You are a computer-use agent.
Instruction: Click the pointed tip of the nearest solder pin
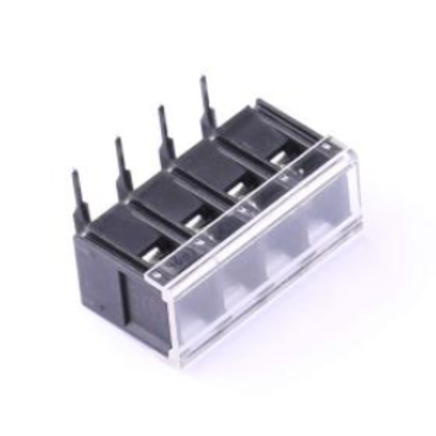[75, 171]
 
